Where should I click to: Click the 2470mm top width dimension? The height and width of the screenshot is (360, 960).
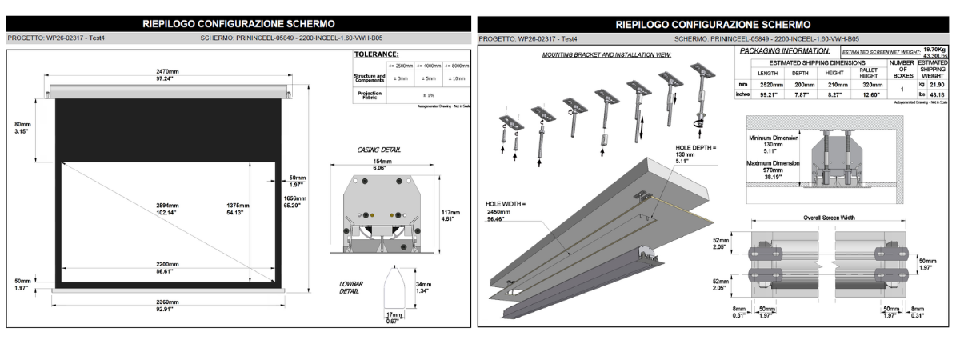coord(167,72)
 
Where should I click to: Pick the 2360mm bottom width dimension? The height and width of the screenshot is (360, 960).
coord(167,302)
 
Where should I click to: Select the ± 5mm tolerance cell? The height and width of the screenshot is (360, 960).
coord(429,78)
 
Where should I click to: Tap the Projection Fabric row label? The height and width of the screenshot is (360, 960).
coord(369,94)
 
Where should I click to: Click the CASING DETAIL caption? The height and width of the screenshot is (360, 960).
coord(379,150)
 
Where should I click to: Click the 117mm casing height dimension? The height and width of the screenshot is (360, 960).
coord(450,212)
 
